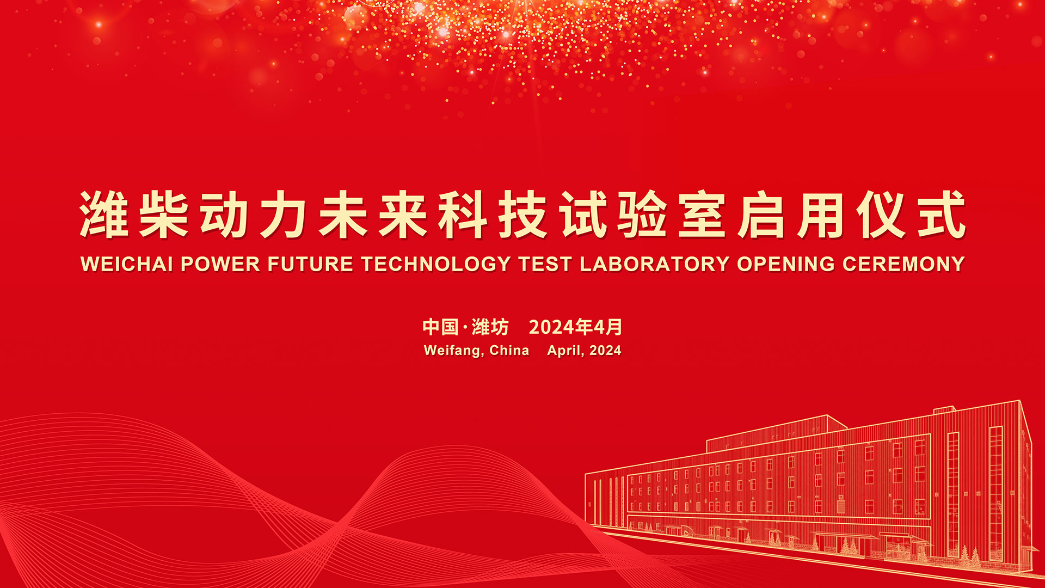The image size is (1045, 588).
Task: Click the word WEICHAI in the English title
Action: tap(127, 264)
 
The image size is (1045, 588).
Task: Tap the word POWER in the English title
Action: tap(220, 264)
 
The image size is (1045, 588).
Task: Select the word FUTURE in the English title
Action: tap(310, 264)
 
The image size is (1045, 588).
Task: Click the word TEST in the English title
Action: tap(545, 264)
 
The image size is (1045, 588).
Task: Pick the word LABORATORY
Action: tap(654, 264)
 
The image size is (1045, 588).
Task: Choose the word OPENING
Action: tap(786, 264)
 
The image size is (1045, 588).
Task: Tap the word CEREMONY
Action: tap(903, 264)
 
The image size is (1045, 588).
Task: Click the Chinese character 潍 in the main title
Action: tap(104, 215)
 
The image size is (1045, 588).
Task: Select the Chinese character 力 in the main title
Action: tap(284, 215)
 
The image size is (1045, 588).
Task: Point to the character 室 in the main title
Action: tap(702, 215)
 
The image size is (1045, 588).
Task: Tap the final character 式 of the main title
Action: tap(942, 215)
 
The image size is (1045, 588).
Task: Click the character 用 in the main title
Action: tap(822, 215)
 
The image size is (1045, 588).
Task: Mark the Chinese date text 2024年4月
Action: tap(575, 327)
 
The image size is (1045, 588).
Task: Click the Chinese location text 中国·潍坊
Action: tap(465, 327)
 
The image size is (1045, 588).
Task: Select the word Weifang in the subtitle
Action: tap(454, 351)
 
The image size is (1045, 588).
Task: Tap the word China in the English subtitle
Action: tap(509, 350)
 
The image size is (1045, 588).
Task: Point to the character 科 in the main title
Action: tap(463, 215)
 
